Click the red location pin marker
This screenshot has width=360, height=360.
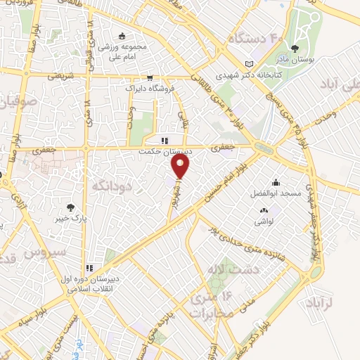pos(181,167)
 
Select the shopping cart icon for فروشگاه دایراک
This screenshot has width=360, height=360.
pos(149,78)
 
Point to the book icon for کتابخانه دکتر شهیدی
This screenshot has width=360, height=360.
pos(247,63)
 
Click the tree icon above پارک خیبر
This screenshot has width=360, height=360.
pos(70,207)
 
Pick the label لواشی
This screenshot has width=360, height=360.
pos(264,220)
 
